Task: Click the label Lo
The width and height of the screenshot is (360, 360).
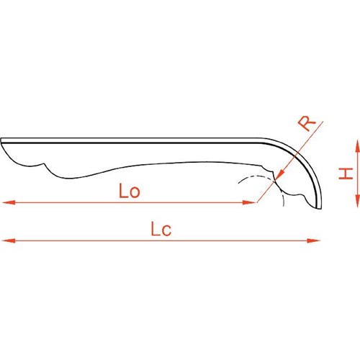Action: (130, 191)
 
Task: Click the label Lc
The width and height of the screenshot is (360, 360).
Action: (161, 229)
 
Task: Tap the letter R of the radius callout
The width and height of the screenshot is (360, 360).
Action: (307, 123)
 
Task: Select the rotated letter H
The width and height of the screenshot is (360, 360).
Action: (346, 174)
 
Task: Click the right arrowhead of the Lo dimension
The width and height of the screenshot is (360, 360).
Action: (250, 202)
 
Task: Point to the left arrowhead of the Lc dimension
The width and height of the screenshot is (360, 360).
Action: (9, 240)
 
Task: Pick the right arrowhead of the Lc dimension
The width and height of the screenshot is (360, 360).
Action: (313, 240)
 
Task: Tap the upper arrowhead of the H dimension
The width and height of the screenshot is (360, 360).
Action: (357, 146)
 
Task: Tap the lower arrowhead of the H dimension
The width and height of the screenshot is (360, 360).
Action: (357, 201)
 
